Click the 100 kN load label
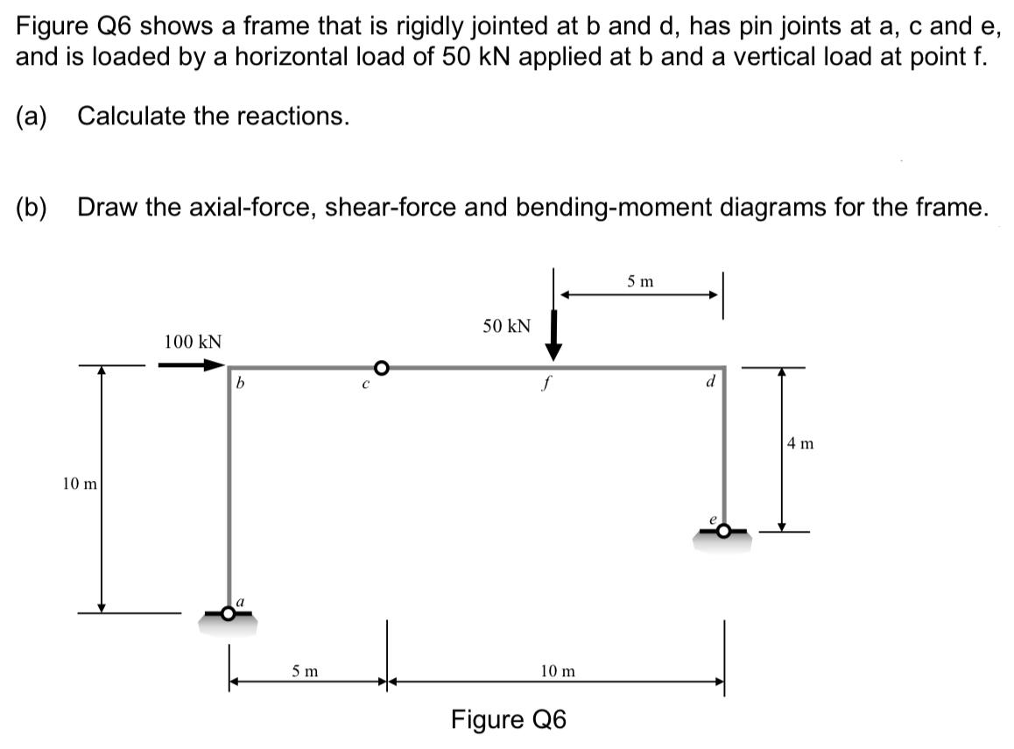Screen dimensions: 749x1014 193,341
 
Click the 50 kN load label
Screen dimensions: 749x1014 507,326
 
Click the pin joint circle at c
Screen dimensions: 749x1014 381,366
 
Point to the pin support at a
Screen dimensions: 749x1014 228,615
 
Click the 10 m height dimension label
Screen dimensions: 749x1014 80,483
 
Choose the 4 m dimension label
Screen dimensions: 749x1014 800,443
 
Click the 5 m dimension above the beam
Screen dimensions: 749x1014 640,282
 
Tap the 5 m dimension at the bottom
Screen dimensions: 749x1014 305,671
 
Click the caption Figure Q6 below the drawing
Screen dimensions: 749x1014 509,719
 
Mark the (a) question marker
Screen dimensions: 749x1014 32,116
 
